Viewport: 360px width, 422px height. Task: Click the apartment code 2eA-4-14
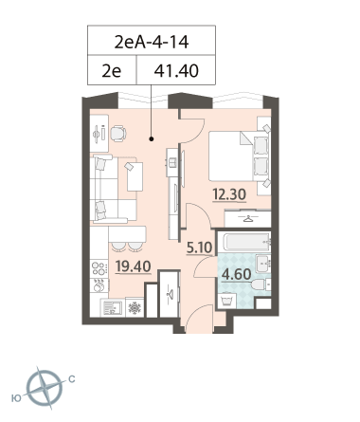tap(152, 42)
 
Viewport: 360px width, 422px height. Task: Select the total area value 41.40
tap(176, 70)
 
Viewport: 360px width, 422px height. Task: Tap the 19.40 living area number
tap(133, 266)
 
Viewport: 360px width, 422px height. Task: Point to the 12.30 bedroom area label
tap(229, 194)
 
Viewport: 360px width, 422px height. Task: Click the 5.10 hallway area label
tap(199, 248)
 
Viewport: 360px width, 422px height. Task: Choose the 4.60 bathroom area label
tap(237, 274)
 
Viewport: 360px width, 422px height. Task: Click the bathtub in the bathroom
tap(244, 242)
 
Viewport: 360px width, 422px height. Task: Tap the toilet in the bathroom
tap(261, 284)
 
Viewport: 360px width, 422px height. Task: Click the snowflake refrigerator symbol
tap(135, 307)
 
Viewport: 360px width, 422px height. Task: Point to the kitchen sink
tap(112, 307)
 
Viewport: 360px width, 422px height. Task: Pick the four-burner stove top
tap(99, 268)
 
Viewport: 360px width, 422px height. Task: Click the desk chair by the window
tap(118, 133)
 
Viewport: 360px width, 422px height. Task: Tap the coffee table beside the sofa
tap(135, 176)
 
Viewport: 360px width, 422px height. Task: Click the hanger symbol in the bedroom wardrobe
tap(248, 219)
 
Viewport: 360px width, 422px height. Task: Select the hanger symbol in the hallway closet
tap(170, 294)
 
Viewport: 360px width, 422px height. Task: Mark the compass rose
tap(45, 388)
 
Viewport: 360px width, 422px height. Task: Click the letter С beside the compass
tap(72, 378)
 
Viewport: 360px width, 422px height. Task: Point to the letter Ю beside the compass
tap(16, 398)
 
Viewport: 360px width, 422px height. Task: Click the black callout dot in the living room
tap(152, 138)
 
